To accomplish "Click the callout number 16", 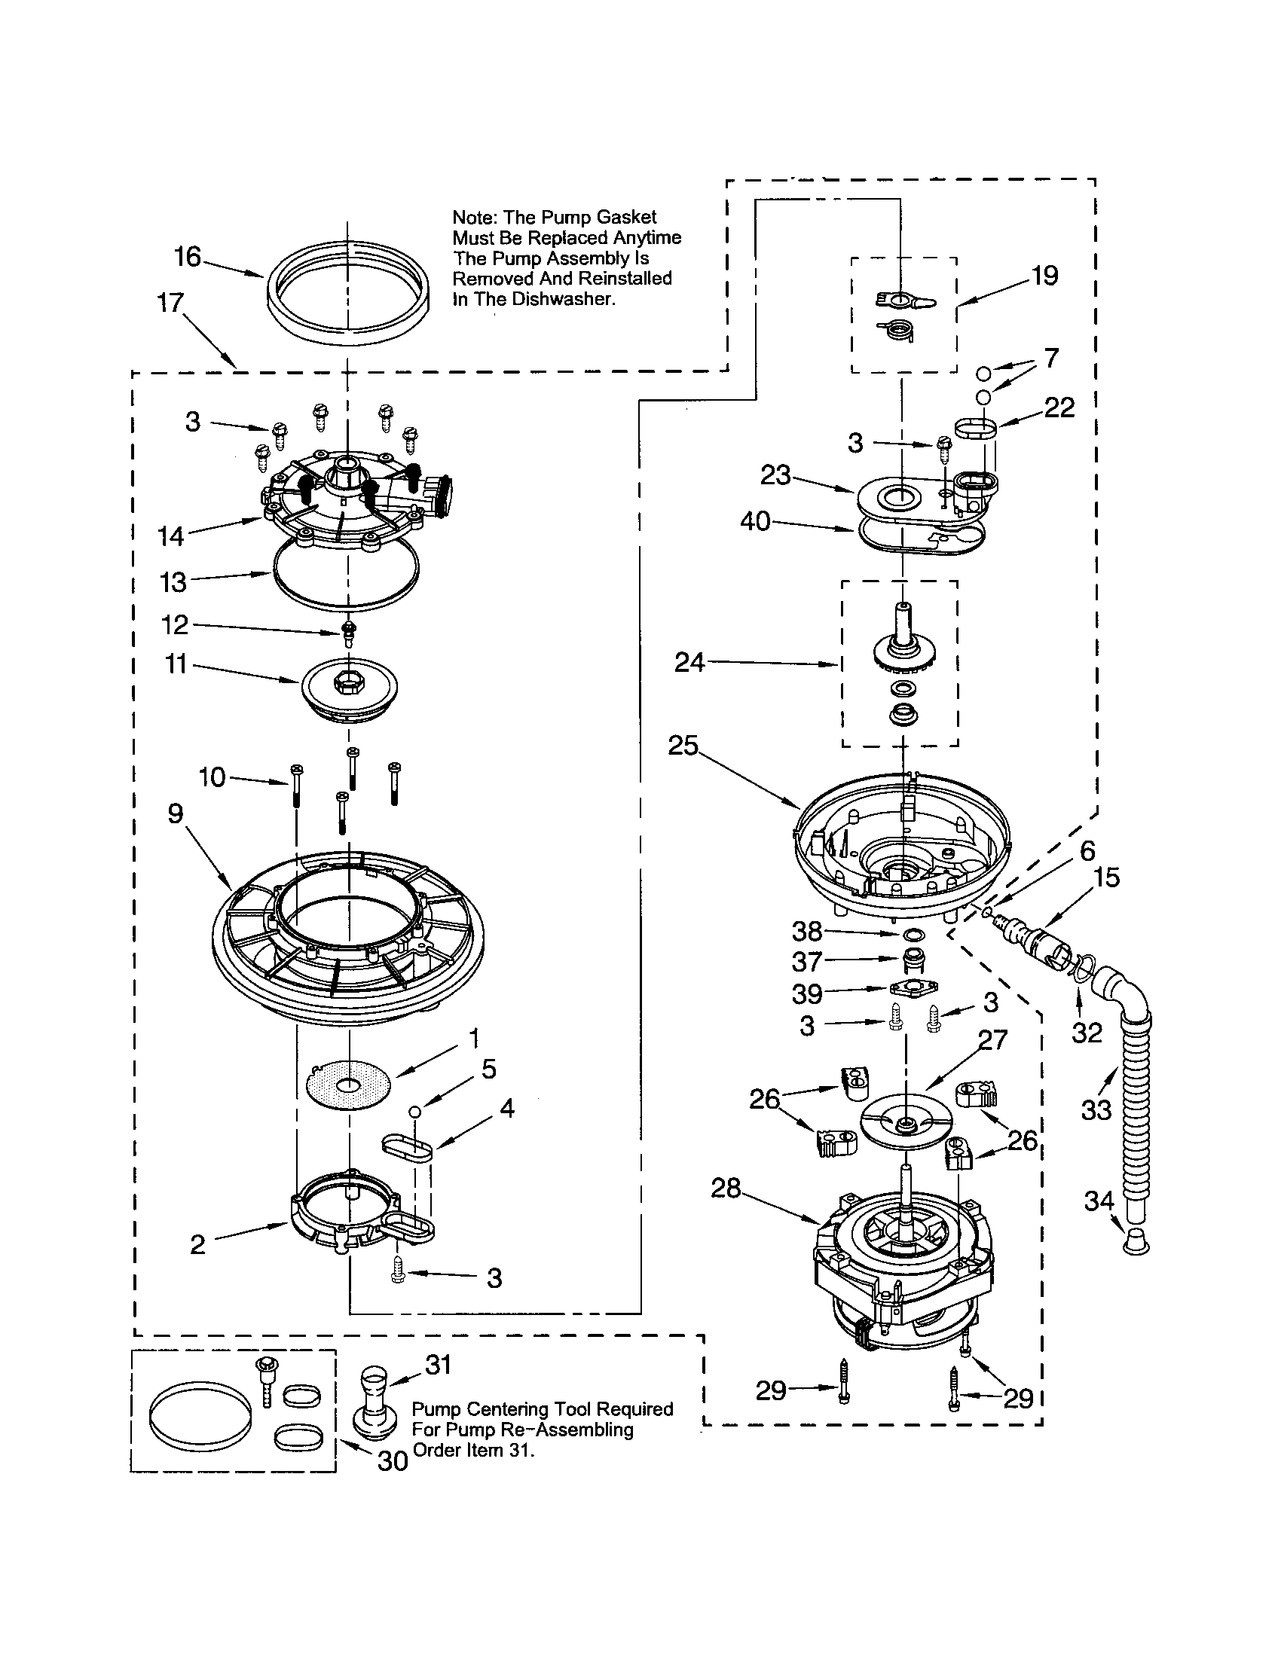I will tap(187, 257).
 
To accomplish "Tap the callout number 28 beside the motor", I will tap(726, 1188).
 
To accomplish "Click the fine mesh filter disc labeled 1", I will tap(349, 1085).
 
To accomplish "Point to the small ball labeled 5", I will tap(414, 1112).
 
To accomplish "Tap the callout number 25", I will tap(683, 746).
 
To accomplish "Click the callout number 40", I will tap(756, 522).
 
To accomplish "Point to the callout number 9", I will tap(176, 814).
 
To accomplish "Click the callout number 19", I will tap(1044, 276).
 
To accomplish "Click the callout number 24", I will tap(689, 663).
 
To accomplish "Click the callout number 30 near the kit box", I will tap(393, 1460).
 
